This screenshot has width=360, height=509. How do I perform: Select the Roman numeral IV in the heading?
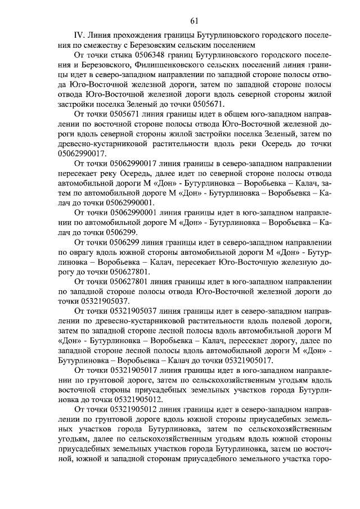[x=80, y=35]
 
